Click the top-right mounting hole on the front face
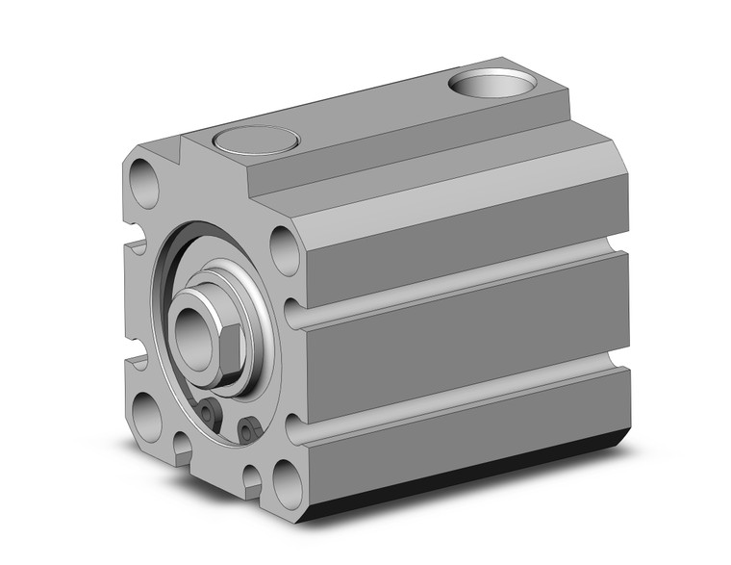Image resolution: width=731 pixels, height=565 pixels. [x=285, y=248]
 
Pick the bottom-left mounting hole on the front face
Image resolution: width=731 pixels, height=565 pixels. [x=148, y=416]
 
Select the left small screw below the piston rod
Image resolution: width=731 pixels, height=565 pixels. [x=210, y=413]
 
